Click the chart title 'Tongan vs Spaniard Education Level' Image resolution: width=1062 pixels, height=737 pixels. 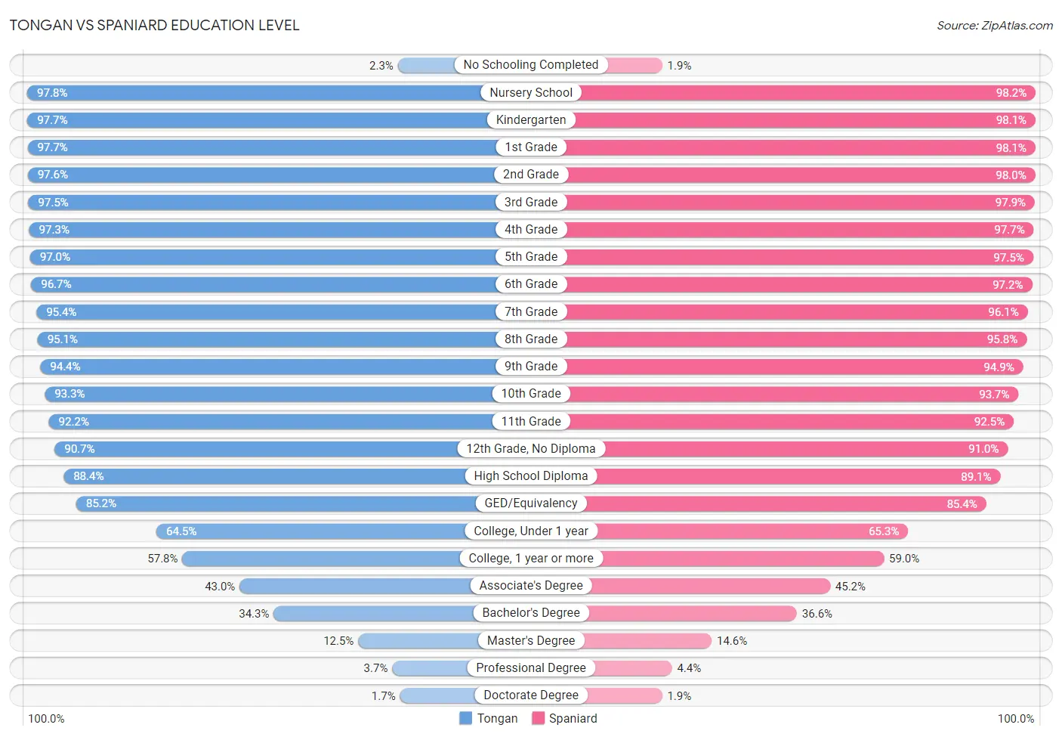click(155, 25)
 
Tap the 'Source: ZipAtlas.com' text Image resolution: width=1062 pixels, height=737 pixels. click(995, 26)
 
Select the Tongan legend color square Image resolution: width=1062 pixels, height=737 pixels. click(465, 718)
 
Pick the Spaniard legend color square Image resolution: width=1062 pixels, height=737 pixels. click(538, 718)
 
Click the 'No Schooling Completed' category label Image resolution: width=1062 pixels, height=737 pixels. click(530, 64)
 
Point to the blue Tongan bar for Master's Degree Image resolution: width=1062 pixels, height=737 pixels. click(418, 641)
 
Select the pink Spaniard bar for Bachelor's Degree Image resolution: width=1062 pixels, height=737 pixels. click(692, 613)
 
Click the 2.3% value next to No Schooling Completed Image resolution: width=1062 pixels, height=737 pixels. click(381, 66)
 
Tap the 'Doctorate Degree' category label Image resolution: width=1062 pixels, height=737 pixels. click(531, 695)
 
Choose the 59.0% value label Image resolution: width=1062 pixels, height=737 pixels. click(904, 559)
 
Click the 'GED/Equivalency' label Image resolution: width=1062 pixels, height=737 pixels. click(531, 503)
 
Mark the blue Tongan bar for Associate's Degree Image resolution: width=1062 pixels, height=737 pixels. click(355, 586)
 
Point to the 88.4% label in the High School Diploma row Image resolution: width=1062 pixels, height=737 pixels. click(88, 476)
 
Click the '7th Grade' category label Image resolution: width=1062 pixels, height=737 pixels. click(531, 311)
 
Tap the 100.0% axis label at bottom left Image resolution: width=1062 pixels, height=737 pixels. click(47, 719)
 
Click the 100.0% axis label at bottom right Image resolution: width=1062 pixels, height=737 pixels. click(1016, 719)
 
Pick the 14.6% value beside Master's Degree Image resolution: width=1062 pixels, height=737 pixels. click(732, 641)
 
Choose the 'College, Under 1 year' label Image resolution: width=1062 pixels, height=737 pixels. click(531, 531)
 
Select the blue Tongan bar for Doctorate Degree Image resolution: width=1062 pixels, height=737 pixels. click(438, 695)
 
